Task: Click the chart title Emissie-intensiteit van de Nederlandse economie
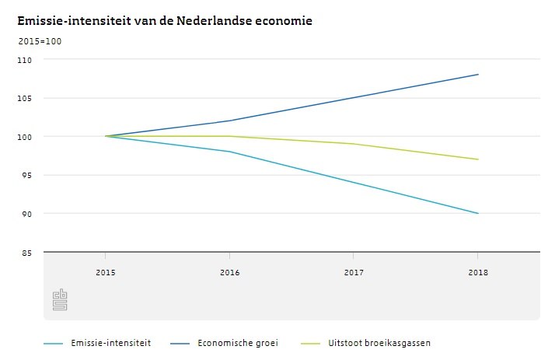165,21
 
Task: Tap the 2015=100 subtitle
40,41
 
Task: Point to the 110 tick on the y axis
26,60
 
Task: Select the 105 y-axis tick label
26,98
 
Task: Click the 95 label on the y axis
28,175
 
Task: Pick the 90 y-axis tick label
28,214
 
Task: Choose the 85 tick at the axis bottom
28,252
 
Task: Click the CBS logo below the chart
60,300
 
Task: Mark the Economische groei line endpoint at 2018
477,75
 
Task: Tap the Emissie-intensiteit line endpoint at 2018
477,213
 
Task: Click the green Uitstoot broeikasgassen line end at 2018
477,159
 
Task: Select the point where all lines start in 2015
106,136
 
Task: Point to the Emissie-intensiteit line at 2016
229,152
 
